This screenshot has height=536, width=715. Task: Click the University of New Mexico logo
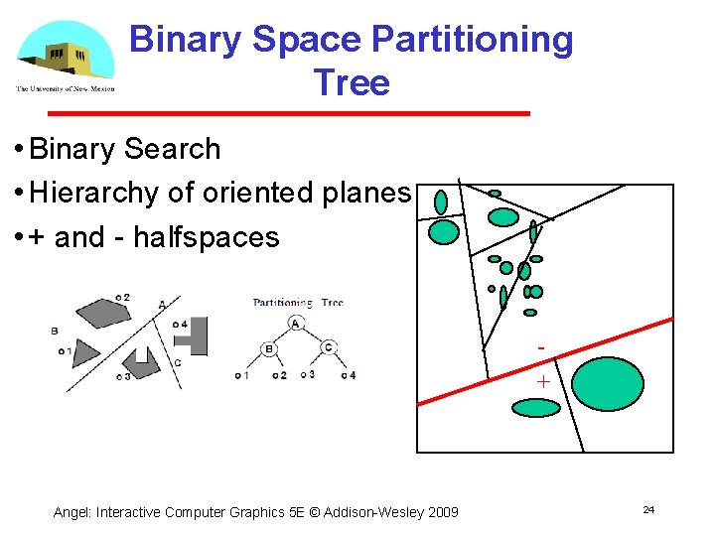[x=65, y=57]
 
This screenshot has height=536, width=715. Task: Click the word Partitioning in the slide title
[x=472, y=40]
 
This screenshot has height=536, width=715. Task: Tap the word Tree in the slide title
[x=351, y=82]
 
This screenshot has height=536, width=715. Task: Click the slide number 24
[x=648, y=509]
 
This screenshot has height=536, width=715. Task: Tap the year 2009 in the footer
[x=442, y=512]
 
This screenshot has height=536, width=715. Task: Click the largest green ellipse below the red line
[x=609, y=391]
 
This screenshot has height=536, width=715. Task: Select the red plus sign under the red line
[x=543, y=381]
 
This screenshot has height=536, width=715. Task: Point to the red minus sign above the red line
[x=541, y=348]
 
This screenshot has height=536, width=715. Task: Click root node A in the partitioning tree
[x=296, y=324]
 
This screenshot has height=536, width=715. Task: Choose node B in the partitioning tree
[x=268, y=348]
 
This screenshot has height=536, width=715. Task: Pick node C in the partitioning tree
[x=329, y=347]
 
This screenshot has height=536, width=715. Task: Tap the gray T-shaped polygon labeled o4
[x=195, y=337]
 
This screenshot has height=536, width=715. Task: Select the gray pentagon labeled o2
[x=103, y=313]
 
